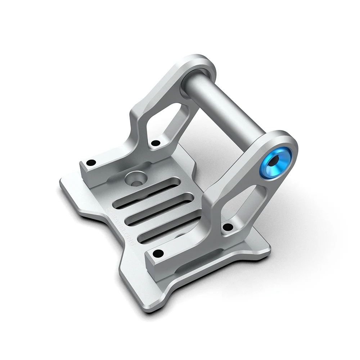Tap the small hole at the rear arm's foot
coord(155,143)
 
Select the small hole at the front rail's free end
coord(158,252)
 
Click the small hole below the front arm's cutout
coord(228,227)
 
